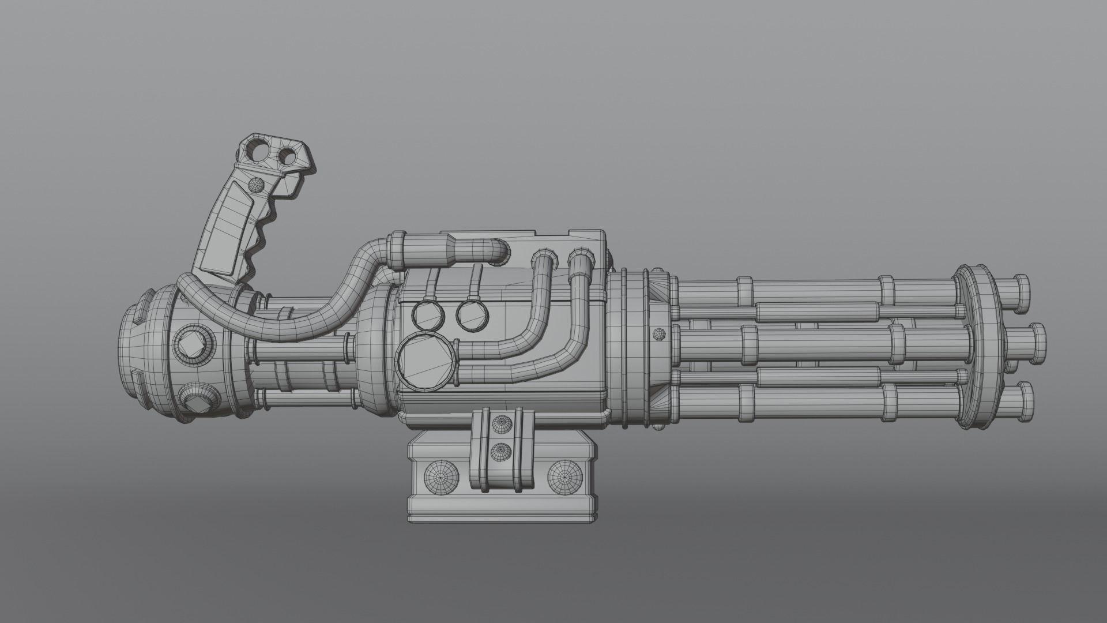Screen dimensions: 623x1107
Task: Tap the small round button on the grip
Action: [x=254, y=185]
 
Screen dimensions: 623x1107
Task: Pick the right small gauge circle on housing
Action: [x=472, y=314]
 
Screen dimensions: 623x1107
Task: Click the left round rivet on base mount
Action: [x=442, y=476]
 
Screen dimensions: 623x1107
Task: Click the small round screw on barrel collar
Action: [x=658, y=334]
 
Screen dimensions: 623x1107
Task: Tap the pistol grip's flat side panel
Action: [x=222, y=231]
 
